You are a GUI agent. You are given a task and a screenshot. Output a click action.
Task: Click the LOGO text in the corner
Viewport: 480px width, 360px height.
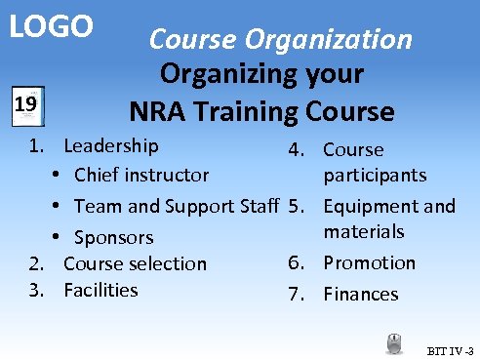coord(51,26)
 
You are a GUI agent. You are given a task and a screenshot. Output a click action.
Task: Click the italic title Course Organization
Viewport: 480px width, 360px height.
coord(280,39)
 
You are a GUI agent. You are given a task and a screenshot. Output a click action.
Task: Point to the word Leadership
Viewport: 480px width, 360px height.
coord(110,146)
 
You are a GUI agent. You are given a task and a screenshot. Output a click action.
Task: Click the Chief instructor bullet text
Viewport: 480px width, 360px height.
coord(140,176)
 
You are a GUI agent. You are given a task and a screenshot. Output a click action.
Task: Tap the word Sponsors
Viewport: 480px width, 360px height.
coord(113,237)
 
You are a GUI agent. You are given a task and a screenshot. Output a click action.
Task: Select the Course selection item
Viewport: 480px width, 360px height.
coord(135,263)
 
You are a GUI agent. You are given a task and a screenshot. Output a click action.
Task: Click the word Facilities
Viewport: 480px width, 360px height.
coord(100,290)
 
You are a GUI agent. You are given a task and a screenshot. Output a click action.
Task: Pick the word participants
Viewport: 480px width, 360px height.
coord(375,175)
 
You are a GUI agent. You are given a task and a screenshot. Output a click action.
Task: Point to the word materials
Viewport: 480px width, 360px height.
coord(364,232)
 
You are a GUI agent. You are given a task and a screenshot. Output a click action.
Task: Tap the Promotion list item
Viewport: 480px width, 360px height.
coord(369,262)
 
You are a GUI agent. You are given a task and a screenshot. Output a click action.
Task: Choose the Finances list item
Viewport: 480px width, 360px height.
coord(360,294)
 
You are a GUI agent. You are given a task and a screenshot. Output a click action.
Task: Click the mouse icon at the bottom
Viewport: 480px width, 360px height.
coord(395,342)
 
